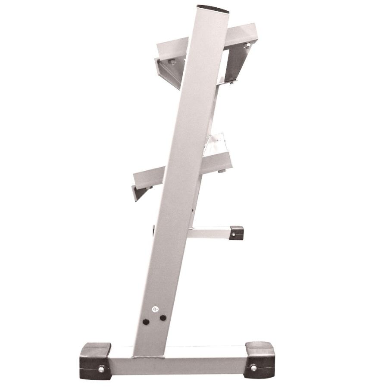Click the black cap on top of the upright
click(213, 9)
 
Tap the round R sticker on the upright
click(154, 309)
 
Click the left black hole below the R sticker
click(146, 322)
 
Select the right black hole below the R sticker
click(163, 318)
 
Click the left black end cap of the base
click(95, 360)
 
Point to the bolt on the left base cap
click(101, 369)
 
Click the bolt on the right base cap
click(253, 368)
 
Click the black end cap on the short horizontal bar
click(236, 233)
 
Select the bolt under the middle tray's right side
click(222, 171)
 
